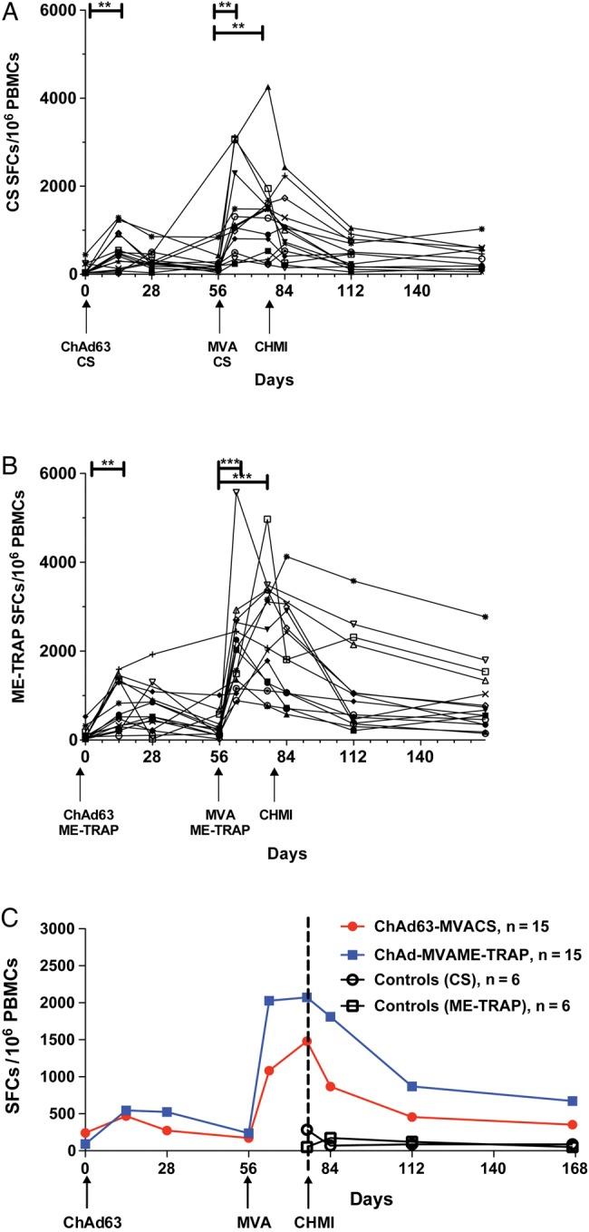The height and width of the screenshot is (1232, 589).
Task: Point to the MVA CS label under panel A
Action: pos(219,346)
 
